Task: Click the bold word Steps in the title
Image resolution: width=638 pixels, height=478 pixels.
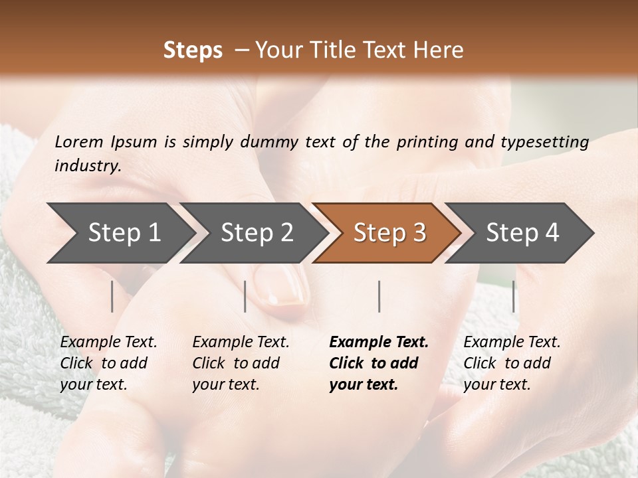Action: [193, 50]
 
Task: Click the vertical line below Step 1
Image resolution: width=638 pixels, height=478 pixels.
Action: [112, 296]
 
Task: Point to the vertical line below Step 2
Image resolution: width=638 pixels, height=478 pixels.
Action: [245, 296]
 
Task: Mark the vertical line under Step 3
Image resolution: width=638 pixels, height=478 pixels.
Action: [379, 296]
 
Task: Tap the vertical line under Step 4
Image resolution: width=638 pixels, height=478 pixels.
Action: [513, 296]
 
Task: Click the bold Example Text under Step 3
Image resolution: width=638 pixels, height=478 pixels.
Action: [379, 343]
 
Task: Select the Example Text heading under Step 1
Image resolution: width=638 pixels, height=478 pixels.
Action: [108, 343]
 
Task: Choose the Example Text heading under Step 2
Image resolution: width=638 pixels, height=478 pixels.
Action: [241, 343]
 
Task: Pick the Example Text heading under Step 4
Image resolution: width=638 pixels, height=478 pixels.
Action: [512, 343]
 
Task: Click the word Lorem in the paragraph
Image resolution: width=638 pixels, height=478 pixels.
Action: [79, 141]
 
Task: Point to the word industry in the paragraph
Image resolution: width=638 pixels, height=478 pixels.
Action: [87, 166]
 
